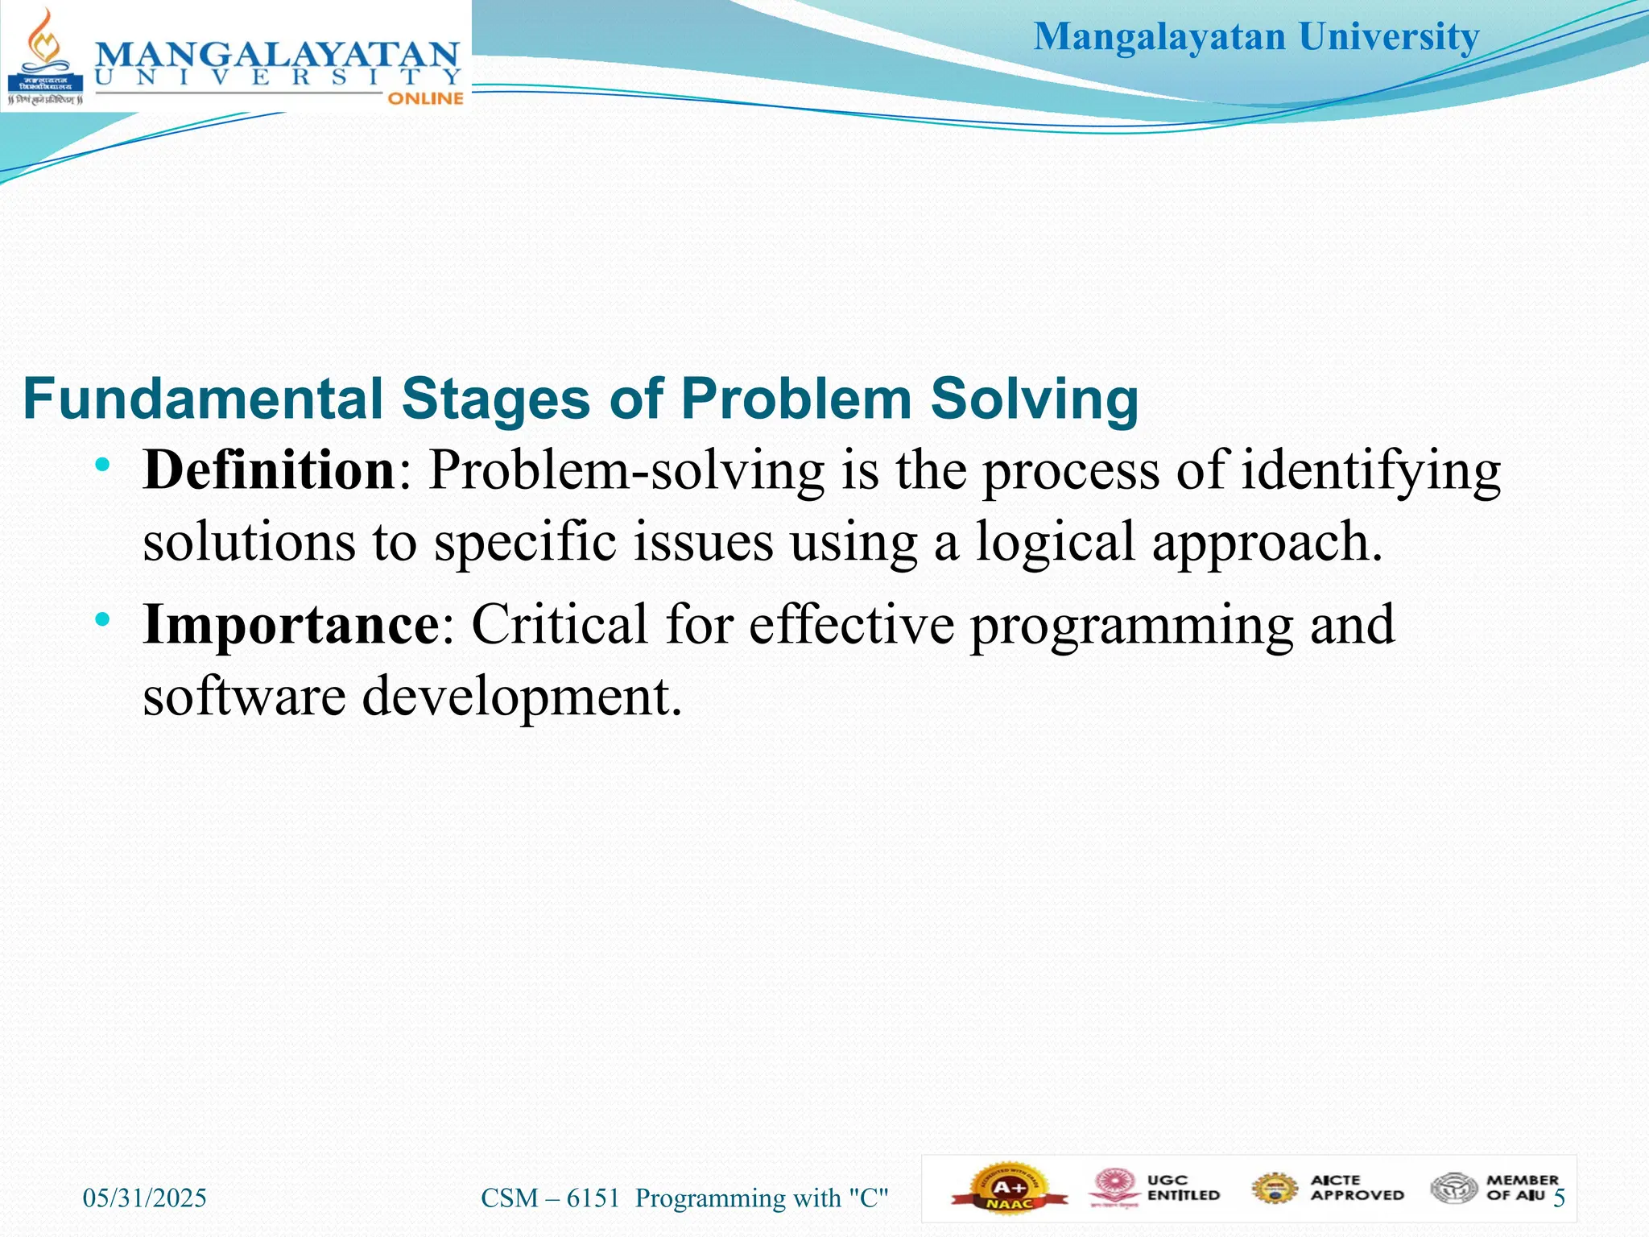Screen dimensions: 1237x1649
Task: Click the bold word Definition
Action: [x=268, y=470]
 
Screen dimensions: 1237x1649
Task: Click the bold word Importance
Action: [x=290, y=624]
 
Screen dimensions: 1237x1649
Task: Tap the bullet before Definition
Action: [x=101, y=465]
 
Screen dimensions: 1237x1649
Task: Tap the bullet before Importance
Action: [x=101, y=619]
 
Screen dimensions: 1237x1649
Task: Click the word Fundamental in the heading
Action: [x=203, y=399]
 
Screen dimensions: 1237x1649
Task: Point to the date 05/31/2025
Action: [x=145, y=1198]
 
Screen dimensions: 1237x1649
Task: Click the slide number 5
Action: [x=1559, y=1198]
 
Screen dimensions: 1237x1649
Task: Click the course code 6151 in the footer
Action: [x=593, y=1198]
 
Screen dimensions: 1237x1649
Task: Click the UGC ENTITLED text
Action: [x=1183, y=1188]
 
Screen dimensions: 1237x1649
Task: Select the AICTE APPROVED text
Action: [x=1357, y=1188]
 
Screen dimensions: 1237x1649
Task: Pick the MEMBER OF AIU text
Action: [x=1522, y=1188]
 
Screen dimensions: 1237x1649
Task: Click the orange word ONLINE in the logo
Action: [x=425, y=98]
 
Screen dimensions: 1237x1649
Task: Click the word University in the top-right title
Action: [x=1389, y=37]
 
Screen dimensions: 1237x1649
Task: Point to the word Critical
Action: [x=559, y=624]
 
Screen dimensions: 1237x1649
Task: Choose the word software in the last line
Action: [x=244, y=696]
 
